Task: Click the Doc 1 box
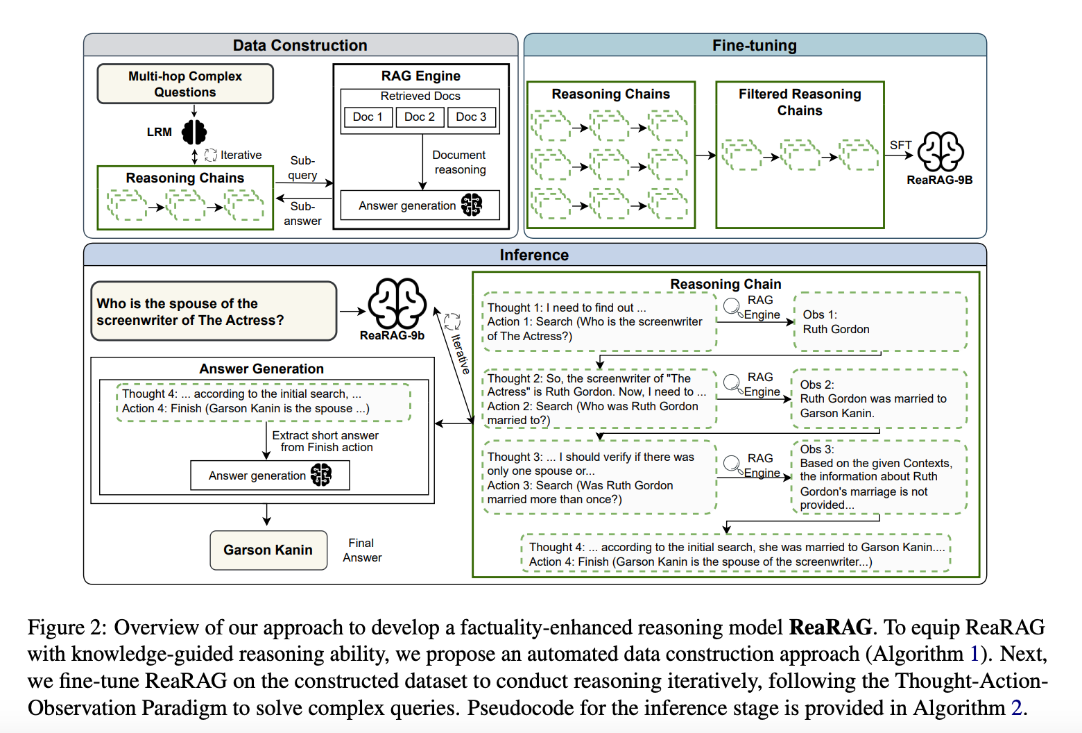point(368,117)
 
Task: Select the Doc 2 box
point(420,117)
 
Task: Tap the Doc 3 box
point(472,117)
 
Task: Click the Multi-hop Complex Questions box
point(185,84)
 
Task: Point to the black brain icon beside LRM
point(194,132)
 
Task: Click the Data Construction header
point(300,45)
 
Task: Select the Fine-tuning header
point(755,45)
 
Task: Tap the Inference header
point(534,255)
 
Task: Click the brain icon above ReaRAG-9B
point(941,151)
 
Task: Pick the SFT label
point(900,145)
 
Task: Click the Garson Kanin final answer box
point(268,550)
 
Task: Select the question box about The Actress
point(214,312)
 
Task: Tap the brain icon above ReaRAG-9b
point(397,303)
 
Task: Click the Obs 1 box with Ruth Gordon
point(880,322)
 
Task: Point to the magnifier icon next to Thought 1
point(732,306)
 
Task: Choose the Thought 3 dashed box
point(599,478)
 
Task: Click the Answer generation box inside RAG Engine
point(420,205)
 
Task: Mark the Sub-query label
point(302,168)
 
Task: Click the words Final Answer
point(362,550)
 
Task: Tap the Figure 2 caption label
point(67,627)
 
